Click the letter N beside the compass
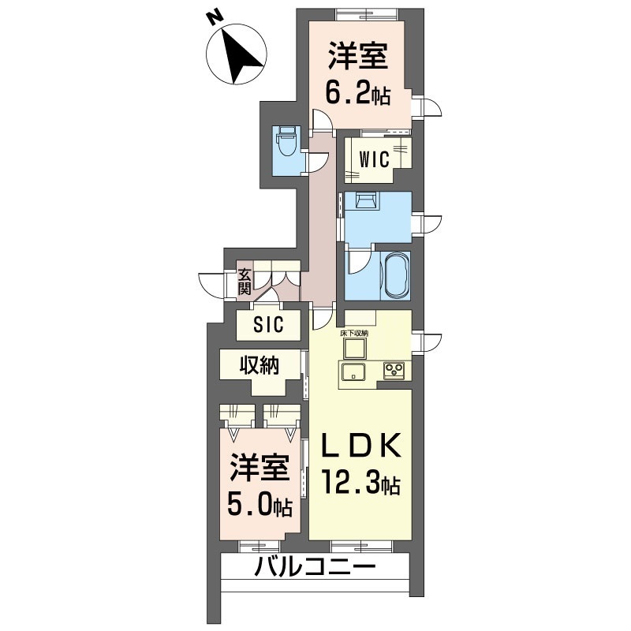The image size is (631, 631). (x=215, y=17)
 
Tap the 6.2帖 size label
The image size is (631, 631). (x=357, y=95)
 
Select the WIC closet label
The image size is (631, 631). (x=374, y=159)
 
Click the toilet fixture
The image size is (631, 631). (x=286, y=141)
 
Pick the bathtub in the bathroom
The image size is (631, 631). (x=397, y=275)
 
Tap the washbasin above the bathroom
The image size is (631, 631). (x=366, y=200)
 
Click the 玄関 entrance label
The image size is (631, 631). (x=245, y=282)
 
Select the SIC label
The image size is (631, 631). (x=268, y=324)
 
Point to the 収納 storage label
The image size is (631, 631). (x=259, y=365)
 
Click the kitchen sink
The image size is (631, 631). (x=353, y=371)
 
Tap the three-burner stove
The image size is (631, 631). (x=394, y=371)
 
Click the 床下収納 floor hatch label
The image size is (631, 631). (x=354, y=333)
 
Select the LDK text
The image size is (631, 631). (x=360, y=446)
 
